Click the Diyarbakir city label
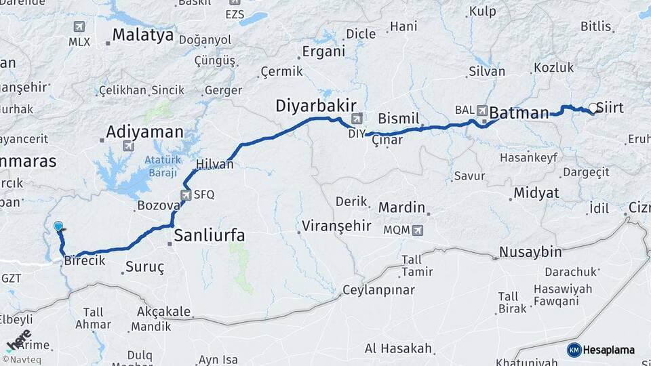316,106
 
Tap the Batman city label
519,113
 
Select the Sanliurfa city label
210,235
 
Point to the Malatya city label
142,35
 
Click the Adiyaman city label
145,131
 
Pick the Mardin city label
401,207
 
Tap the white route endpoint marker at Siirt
593,108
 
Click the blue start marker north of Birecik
58,227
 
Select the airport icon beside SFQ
186,195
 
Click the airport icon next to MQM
417,230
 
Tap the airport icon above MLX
79,26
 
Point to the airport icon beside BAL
482,109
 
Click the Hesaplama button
601,350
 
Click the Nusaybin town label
530,252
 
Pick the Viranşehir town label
336,226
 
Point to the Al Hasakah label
398,348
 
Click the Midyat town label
536,193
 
